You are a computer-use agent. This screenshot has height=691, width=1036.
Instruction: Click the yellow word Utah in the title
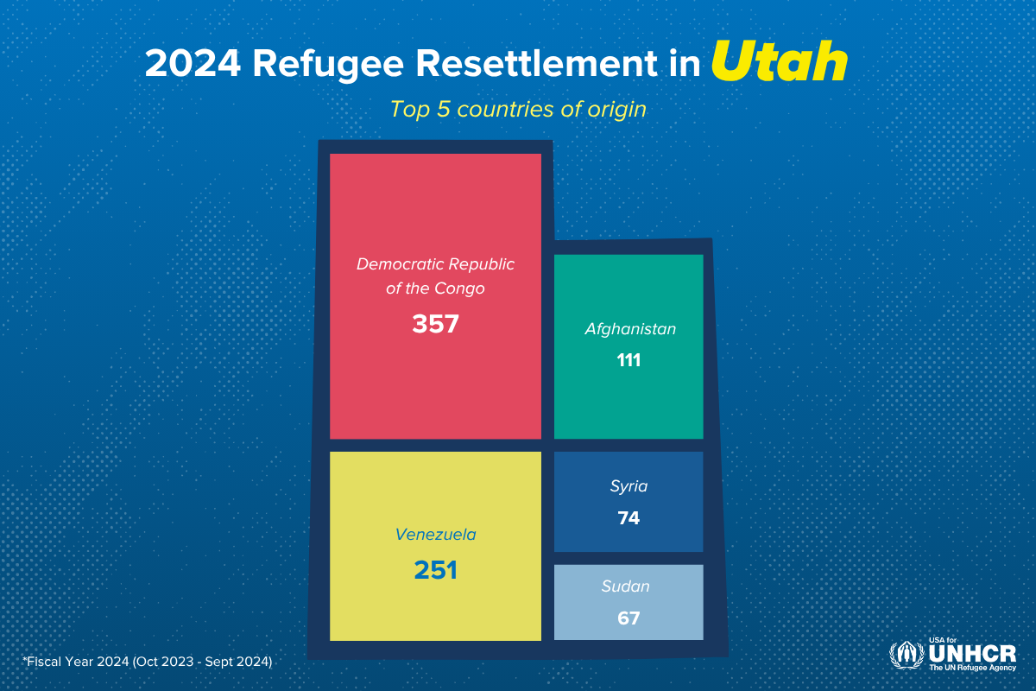(x=780, y=64)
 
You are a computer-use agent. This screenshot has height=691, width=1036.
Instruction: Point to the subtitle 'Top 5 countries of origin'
(x=518, y=110)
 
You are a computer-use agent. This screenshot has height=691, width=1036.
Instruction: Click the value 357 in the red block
(x=435, y=324)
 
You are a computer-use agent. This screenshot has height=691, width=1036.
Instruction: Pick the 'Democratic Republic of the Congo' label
(x=435, y=276)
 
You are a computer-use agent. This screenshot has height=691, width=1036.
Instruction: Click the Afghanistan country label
(x=629, y=329)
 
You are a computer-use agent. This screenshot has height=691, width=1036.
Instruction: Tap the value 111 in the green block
(x=629, y=360)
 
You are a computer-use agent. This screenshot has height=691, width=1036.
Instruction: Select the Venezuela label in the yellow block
(x=435, y=535)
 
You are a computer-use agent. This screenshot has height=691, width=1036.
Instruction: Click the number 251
(x=435, y=570)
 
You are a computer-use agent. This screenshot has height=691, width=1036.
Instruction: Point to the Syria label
(x=629, y=486)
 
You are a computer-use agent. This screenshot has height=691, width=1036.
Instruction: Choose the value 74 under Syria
(x=629, y=518)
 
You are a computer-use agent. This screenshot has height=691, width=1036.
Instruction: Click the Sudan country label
(x=625, y=587)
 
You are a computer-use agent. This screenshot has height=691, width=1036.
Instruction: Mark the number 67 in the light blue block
(x=629, y=618)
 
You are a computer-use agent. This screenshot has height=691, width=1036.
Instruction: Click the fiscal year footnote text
(x=148, y=662)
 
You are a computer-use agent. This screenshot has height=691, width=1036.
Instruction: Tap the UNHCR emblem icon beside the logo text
(x=906, y=656)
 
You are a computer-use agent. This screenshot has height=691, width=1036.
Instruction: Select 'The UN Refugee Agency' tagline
(x=972, y=668)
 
